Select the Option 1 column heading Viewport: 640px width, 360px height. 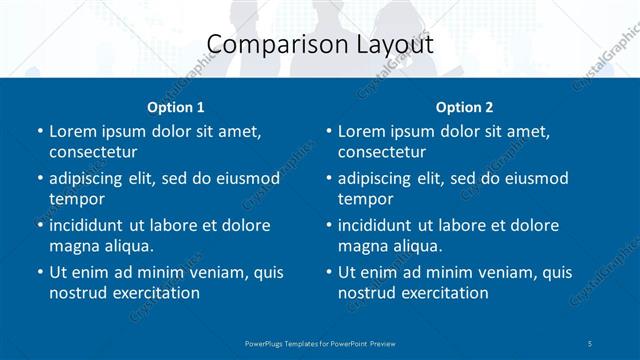pyautogui.click(x=176, y=106)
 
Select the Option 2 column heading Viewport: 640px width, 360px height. pyautogui.click(x=465, y=106)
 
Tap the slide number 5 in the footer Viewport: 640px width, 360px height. pyautogui.click(x=590, y=343)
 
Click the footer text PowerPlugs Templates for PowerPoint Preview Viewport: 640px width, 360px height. pyautogui.click(x=320, y=343)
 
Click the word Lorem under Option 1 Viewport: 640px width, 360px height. pyautogui.click(x=73, y=131)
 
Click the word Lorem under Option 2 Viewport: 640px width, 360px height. pyautogui.click(x=362, y=131)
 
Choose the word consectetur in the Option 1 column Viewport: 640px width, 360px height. pyautogui.click(x=93, y=152)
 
